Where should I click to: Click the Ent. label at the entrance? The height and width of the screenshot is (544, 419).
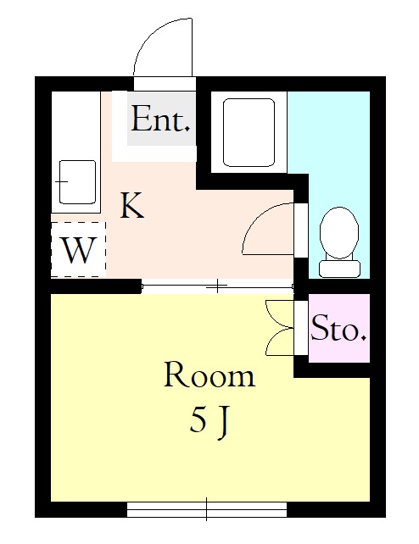tap(160, 119)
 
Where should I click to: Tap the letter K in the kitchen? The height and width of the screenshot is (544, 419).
tap(132, 205)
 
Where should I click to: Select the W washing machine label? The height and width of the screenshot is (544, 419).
tap(78, 250)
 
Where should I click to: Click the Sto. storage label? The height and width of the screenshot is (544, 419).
tap(338, 328)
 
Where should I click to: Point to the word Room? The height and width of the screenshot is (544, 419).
tap(209, 375)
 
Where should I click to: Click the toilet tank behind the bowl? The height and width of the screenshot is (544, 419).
tap(339, 269)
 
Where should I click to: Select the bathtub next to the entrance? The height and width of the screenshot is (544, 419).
tap(249, 132)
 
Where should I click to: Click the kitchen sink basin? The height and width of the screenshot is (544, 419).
tap(77, 182)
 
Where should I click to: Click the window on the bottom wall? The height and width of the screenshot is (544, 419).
tap(207, 509)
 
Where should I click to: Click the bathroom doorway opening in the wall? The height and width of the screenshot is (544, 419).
tap(301, 230)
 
